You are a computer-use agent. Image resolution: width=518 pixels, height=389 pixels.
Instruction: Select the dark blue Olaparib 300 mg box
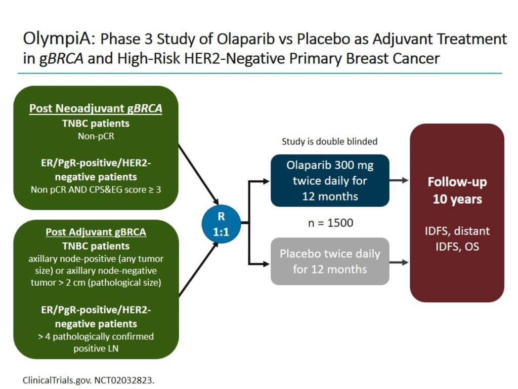(x=330, y=180)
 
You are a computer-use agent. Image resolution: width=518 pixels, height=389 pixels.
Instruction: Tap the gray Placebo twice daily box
(x=330, y=261)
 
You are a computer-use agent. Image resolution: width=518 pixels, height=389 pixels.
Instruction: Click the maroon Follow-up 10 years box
(x=457, y=213)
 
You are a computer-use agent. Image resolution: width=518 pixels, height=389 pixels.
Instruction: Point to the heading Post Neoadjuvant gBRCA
(x=96, y=108)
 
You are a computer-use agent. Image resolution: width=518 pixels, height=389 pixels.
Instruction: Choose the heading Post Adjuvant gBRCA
(x=96, y=232)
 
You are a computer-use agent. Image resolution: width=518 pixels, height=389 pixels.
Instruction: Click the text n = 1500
(x=329, y=222)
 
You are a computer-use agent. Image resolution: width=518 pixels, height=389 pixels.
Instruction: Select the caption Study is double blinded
(x=330, y=141)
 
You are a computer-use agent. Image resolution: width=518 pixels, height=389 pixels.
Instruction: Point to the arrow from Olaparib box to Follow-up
(x=400, y=180)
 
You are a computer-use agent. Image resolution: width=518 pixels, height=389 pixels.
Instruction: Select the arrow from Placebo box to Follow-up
(x=400, y=262)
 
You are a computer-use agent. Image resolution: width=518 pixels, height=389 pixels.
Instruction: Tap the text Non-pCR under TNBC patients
(x=96, y=136)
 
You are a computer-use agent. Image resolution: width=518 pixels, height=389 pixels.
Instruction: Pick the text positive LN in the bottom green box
(x=96, y=348)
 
